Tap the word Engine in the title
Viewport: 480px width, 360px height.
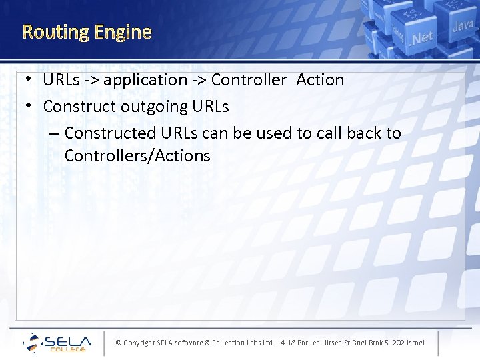coord(123,32)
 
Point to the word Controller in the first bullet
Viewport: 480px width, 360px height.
coord(249,80)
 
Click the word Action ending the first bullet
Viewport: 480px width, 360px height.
coord(320,80)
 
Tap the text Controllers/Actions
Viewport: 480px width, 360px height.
coord(137,156)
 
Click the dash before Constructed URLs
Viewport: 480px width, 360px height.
coord(53,133)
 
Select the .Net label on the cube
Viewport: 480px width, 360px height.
coord(421,38)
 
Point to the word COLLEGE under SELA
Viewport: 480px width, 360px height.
coord(69,349)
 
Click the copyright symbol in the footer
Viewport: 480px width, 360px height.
coord(119,343)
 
